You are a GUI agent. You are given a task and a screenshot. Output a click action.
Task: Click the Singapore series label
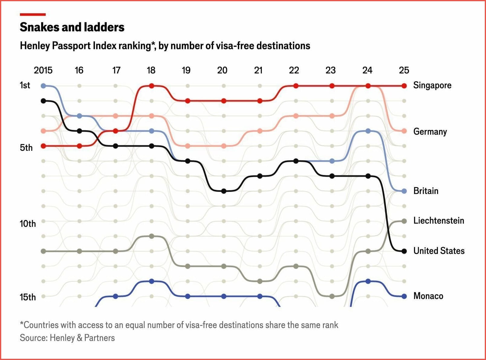432,86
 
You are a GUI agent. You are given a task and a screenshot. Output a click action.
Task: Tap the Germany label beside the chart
430,132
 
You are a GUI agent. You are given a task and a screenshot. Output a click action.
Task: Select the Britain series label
426,191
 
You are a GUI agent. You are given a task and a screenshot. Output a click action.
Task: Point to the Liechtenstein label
439,221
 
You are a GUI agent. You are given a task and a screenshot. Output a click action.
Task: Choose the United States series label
439,251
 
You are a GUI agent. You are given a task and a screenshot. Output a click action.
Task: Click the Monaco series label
428,296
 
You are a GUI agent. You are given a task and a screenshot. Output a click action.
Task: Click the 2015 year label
43,70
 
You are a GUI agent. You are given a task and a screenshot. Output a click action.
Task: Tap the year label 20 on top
222,70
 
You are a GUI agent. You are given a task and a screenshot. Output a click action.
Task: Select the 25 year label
404,70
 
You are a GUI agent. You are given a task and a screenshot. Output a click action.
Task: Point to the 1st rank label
25,86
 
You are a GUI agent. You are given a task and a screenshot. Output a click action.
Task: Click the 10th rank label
28,224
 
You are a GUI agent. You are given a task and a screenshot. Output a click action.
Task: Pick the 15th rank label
28,297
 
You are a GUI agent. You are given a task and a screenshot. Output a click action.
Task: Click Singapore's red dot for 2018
152,86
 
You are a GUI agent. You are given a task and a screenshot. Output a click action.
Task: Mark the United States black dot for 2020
224,191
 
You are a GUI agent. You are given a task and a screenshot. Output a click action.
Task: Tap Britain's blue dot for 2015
44,86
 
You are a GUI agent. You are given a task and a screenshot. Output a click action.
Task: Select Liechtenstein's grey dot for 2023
332,296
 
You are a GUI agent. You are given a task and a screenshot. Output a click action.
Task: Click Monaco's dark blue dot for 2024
368,281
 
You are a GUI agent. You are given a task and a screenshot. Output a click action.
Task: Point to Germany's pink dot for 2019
188,146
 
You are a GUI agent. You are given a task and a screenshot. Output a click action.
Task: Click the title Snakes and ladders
72,27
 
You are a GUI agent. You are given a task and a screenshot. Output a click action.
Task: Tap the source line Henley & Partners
67,338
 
